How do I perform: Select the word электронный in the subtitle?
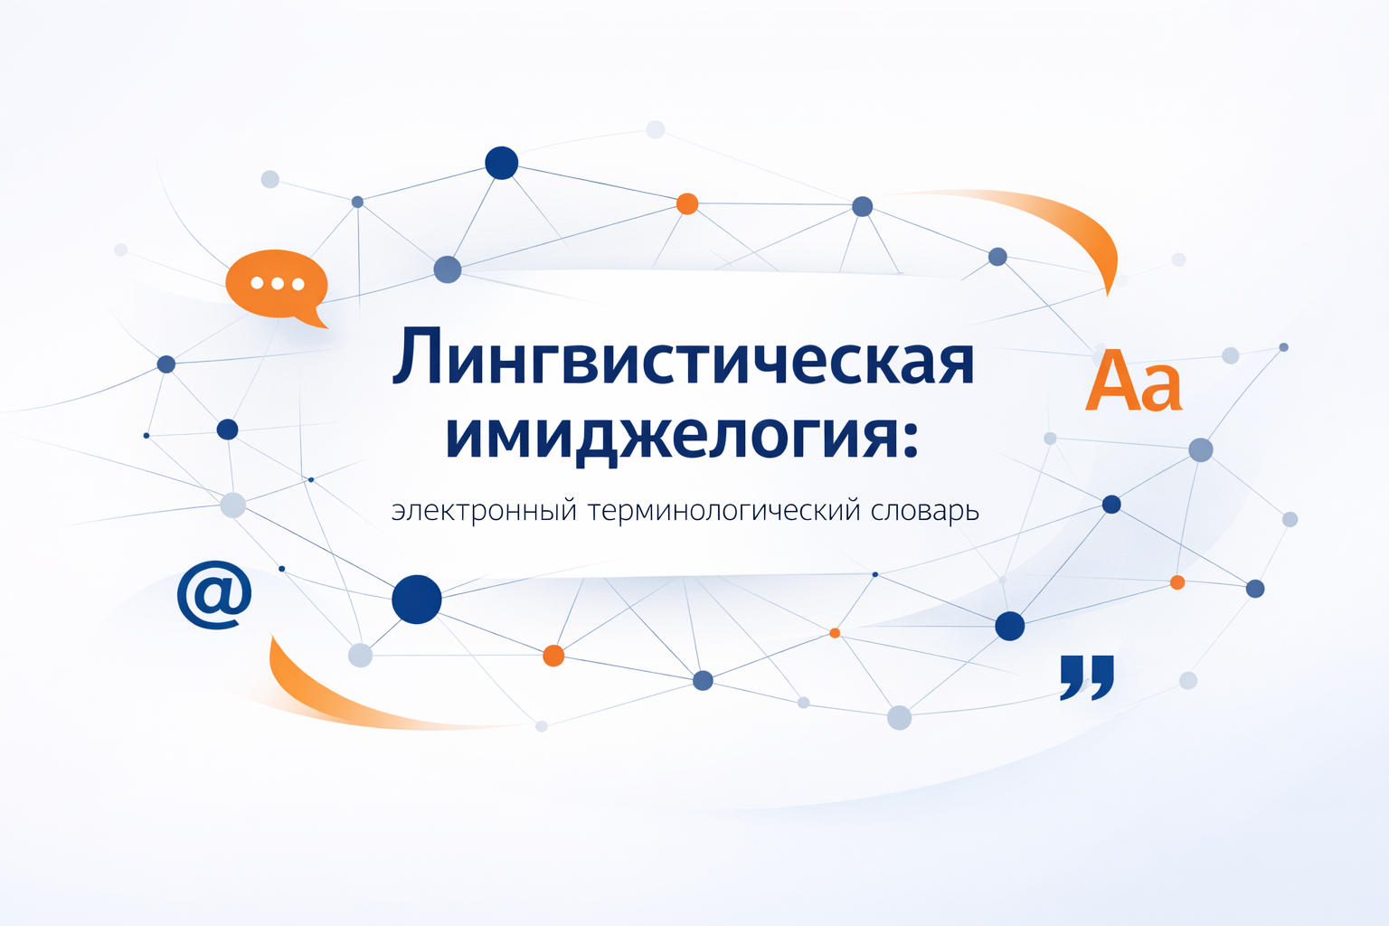pyautogui.click(x=484, y=511)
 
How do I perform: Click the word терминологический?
pyautogui.click(x=723, y=511)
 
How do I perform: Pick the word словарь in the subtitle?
pyautogui.click(x=924, y=512)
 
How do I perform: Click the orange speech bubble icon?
pyautogui.click(x=276, y=284)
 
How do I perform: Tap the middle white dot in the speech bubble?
pyautogui.click(x=277, y=284)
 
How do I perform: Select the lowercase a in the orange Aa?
pyautogui.click(x=1162, y=390)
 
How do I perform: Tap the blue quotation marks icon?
pyautogui.click(x=1087, y=676)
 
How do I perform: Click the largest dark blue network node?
pyautogui.click(x=417, y=599)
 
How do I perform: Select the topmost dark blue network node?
pyautogui.click(x=502, y=163)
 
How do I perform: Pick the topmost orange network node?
pyautogui.click(x=687, y=203)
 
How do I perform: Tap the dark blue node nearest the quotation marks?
pyautogui.click(x=1009, y=626)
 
